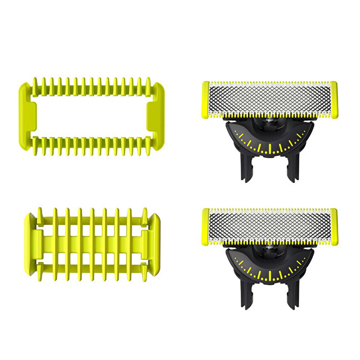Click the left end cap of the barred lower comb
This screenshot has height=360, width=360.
pyautogui.click(x=32, y=241)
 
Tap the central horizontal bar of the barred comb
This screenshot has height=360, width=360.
pyautogui.click(x=91, y=241)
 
